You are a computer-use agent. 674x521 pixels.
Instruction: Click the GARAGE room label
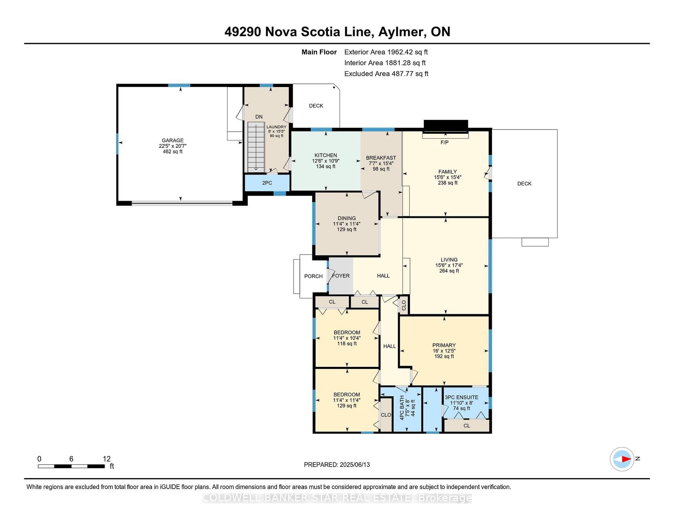point(173,140)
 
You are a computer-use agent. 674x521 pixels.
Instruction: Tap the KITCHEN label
point(326,155)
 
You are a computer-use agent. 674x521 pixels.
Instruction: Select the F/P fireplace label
point(444,142)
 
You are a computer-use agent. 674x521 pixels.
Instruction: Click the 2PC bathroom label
point(267,183)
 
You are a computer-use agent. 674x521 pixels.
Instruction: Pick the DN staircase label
point(259,117)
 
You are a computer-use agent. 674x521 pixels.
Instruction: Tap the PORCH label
point(313,276)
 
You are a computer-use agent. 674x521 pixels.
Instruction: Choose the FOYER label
point(341,276)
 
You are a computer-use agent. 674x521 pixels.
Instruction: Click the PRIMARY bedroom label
point(444,345)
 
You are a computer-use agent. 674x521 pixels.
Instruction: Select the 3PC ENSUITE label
point(462,397)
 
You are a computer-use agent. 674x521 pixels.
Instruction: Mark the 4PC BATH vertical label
point(402,408)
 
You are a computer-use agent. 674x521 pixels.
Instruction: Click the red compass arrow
point(626,459)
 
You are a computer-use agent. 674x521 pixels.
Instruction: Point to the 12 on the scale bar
point(107,459)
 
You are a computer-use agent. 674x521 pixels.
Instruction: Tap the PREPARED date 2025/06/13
point(355,464)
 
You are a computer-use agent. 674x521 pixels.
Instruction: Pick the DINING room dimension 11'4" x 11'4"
point(347,224)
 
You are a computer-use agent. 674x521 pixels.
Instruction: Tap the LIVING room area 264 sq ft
point(449,271)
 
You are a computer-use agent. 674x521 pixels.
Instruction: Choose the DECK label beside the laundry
point(316,106)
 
